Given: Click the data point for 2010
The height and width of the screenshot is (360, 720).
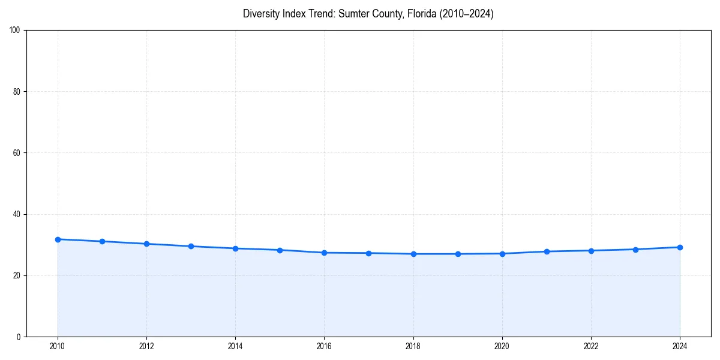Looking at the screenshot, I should point(58,239).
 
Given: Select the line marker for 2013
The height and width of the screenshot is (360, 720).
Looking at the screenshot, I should point(191,246).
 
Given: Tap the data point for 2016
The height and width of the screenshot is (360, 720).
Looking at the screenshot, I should point(324,253).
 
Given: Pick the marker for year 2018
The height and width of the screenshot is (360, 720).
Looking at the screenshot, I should point(413,254).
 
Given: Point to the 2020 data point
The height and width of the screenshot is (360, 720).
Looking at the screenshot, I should point(502,254).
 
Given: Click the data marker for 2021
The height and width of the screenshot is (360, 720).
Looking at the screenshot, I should point(547,251).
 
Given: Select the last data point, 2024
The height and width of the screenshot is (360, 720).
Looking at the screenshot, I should point(680,247).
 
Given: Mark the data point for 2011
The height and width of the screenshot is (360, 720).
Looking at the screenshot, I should point(102,241).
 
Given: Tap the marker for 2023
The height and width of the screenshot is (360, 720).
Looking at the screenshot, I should point(635,250).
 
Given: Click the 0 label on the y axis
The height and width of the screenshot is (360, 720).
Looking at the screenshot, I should point(19,337).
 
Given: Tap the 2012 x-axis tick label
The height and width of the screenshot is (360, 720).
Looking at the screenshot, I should point(146,346).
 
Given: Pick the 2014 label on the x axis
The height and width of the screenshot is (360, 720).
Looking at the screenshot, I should point(235,346).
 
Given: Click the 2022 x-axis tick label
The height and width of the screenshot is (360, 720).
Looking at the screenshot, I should point(591,346).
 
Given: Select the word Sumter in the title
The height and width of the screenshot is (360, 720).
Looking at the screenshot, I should point(353,14).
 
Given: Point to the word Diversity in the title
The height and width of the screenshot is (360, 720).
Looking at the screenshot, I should point(262,14).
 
